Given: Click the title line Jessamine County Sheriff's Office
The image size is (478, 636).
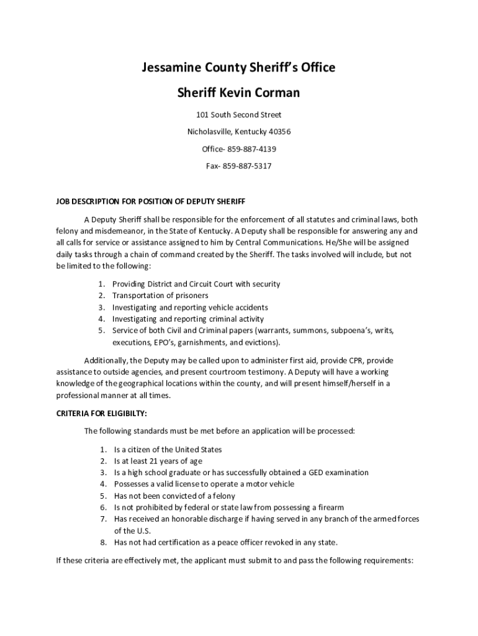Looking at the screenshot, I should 239,68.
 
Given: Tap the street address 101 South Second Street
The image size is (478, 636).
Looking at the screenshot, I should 238,115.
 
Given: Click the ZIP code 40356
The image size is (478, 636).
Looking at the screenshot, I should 278,132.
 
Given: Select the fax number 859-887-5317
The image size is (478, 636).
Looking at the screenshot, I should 247,166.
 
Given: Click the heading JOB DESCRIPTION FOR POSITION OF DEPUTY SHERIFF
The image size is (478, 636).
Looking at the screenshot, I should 151,202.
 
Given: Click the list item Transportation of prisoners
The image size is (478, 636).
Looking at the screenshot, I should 160,296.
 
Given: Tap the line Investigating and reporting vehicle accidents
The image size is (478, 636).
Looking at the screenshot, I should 190,307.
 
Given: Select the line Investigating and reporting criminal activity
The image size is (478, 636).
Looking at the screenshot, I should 187,319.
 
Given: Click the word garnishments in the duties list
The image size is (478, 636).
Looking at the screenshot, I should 206,343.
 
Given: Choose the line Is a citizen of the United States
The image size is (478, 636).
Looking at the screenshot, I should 168,450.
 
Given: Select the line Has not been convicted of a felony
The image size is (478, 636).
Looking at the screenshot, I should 176,496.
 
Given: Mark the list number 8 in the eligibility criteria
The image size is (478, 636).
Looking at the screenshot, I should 102,542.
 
